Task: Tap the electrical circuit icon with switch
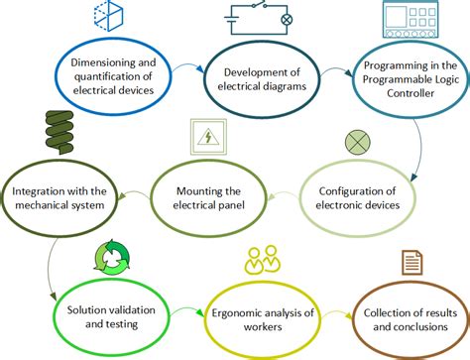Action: [x=259, y=18]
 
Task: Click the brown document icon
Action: [x=410, y=262]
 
